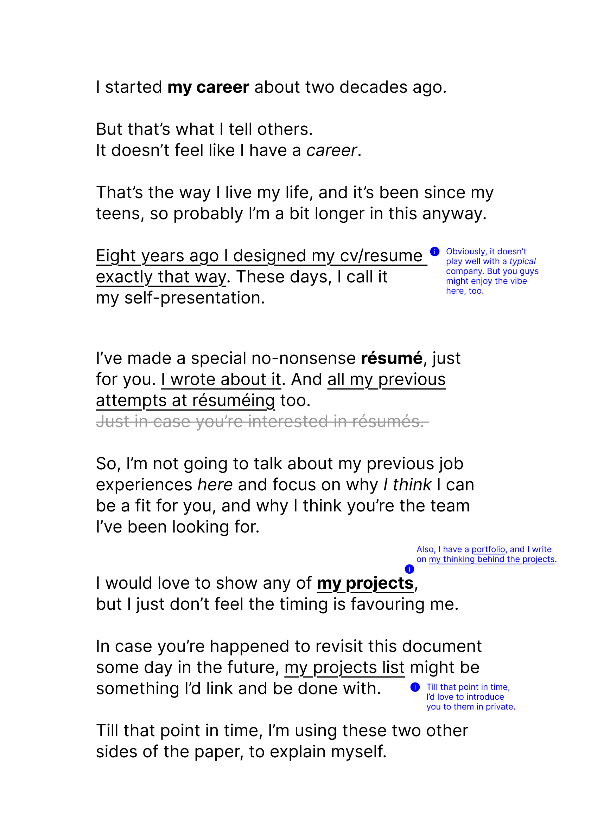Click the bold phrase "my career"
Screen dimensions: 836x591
pos(208,87)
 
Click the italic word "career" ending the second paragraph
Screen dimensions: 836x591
pos(331,150)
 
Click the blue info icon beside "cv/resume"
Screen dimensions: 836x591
pos(434,251)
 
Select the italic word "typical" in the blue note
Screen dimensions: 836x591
pos(522,261)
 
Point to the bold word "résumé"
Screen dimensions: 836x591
pos(392,358)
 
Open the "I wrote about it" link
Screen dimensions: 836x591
pos(221,379)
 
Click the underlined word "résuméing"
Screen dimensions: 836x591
pos(233,400)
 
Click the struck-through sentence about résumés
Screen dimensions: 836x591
pos(260,422)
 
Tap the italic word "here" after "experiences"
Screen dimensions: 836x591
pos(215,485)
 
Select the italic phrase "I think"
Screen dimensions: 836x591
pos(407,485)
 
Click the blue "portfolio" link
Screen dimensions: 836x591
pos(488,549)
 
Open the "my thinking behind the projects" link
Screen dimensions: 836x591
pos(491,559)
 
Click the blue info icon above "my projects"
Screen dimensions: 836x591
pos(409,569)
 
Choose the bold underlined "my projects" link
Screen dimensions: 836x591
pos(365,583)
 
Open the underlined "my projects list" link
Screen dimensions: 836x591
pos(344,668)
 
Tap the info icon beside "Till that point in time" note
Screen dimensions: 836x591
pos(415,687)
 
